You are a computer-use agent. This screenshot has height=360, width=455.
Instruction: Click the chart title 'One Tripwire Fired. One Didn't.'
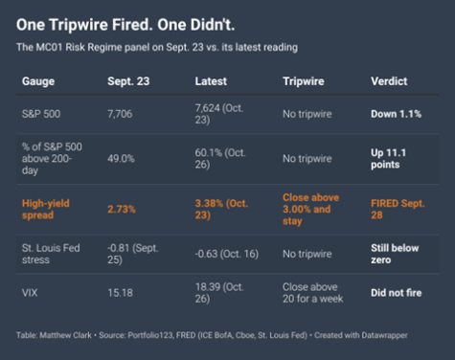tap(125, 25)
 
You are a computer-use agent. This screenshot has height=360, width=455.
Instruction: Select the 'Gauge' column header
tap(38, 81)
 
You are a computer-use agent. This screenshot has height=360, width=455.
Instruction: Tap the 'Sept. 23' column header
tap(128, 81)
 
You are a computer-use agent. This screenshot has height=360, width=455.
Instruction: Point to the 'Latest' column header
tap(211, 81)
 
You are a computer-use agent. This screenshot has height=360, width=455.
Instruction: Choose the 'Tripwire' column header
tap(304, 81)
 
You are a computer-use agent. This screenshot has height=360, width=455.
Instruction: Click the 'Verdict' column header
tap(389, 81)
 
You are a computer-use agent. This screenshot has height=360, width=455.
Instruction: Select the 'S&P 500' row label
tap(41, 114)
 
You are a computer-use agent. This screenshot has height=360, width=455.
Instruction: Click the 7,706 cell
tap(120, 114)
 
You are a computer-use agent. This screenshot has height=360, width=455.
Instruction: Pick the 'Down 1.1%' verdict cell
tap(396, 114)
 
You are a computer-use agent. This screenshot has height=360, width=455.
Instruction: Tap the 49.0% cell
tap(121, 159)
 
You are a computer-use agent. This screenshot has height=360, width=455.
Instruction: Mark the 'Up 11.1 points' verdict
tap(388, 159)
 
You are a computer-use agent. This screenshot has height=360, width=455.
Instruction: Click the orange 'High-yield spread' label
tap(46, 210)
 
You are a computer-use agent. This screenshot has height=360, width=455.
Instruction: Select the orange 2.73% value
tap(122, 210)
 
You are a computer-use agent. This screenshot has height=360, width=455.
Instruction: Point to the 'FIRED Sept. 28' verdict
tap(398, 210)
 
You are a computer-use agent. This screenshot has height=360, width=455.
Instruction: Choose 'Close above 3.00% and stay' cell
tap(310, 210)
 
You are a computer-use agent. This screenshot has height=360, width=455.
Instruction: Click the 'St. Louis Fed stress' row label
tap(51, 254)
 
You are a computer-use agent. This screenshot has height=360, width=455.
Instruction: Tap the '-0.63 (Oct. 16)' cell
tap(227, 254)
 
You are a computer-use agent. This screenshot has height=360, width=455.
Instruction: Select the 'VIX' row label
tap(30, 293)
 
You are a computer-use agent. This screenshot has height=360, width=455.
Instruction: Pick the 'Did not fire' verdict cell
tap(397, 293)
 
